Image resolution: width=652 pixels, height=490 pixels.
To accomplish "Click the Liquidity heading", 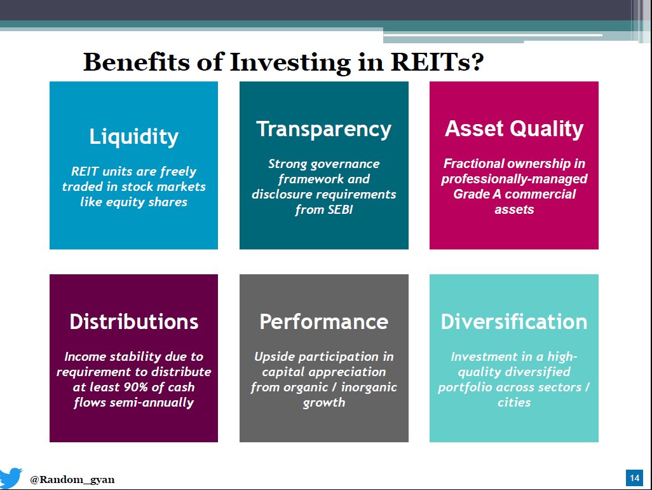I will click(133, 137).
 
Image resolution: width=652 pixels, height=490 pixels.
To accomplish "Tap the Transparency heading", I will click(323, 129).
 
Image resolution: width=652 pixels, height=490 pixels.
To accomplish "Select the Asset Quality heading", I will click(513, 129).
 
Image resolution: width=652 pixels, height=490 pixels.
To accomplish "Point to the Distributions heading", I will click(133, 321).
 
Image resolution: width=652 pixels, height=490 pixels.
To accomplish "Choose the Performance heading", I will click(323, 321).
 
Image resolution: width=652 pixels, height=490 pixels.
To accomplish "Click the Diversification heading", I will click(513, 321).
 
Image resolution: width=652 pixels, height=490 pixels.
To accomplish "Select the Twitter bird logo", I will click(11, 478).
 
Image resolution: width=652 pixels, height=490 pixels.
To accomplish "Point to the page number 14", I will click(634, 478).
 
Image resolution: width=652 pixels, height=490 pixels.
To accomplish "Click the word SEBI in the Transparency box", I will click(337, 210).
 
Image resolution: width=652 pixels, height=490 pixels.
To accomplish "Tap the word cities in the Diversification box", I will click(513, 402).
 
